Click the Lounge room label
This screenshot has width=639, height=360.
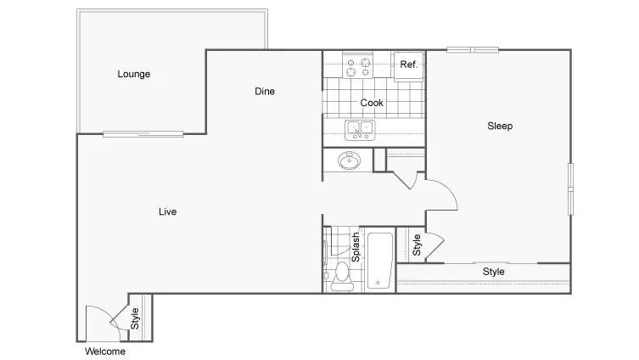click(134, 74)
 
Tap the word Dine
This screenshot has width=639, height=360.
click(265, 92)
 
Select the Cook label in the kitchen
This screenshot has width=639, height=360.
click(372, 103)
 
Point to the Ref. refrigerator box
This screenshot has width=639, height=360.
click(408, 66)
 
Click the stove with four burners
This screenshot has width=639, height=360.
click(358, 65)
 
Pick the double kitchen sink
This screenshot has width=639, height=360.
click(360, 130)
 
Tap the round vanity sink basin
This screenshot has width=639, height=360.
click(350, 160)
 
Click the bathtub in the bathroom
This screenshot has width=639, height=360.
click(380, 260)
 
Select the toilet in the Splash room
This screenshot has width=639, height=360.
click(342, 277)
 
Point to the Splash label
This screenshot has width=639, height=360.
click(356, 247)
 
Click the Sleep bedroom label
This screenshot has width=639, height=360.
click(500, 126)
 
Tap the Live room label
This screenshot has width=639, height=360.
click(167, 211)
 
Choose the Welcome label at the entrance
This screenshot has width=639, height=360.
click(105, 351)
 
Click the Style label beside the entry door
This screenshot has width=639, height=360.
click(134, 318)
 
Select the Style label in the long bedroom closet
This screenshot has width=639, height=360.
click(494, 272)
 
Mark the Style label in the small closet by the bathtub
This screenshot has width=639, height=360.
click(417, 245)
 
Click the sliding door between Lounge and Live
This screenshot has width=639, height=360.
click(143, 133)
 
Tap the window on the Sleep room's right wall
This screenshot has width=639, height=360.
click(570, 188)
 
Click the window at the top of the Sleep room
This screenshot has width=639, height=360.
click(473, 50)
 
